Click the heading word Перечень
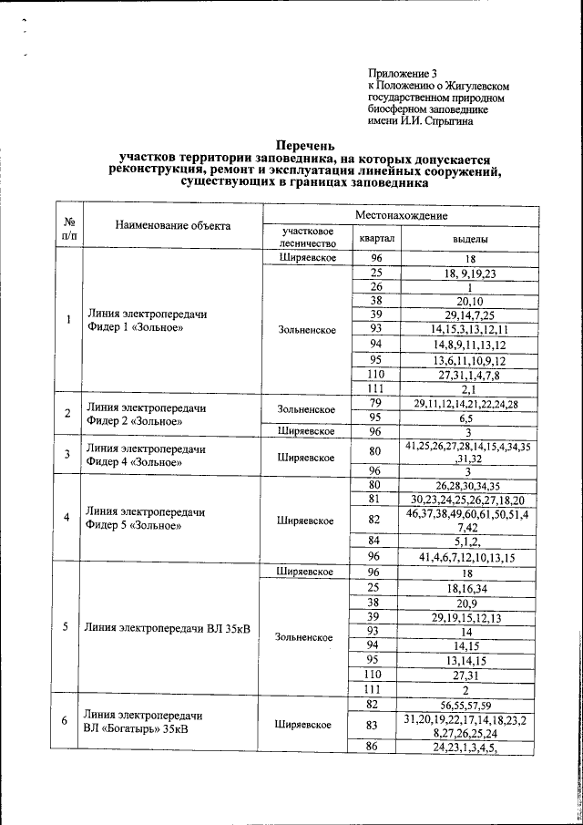point(312,144)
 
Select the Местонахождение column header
point(414,215)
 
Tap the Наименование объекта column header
point(173,225)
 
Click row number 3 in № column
point(67,455)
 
